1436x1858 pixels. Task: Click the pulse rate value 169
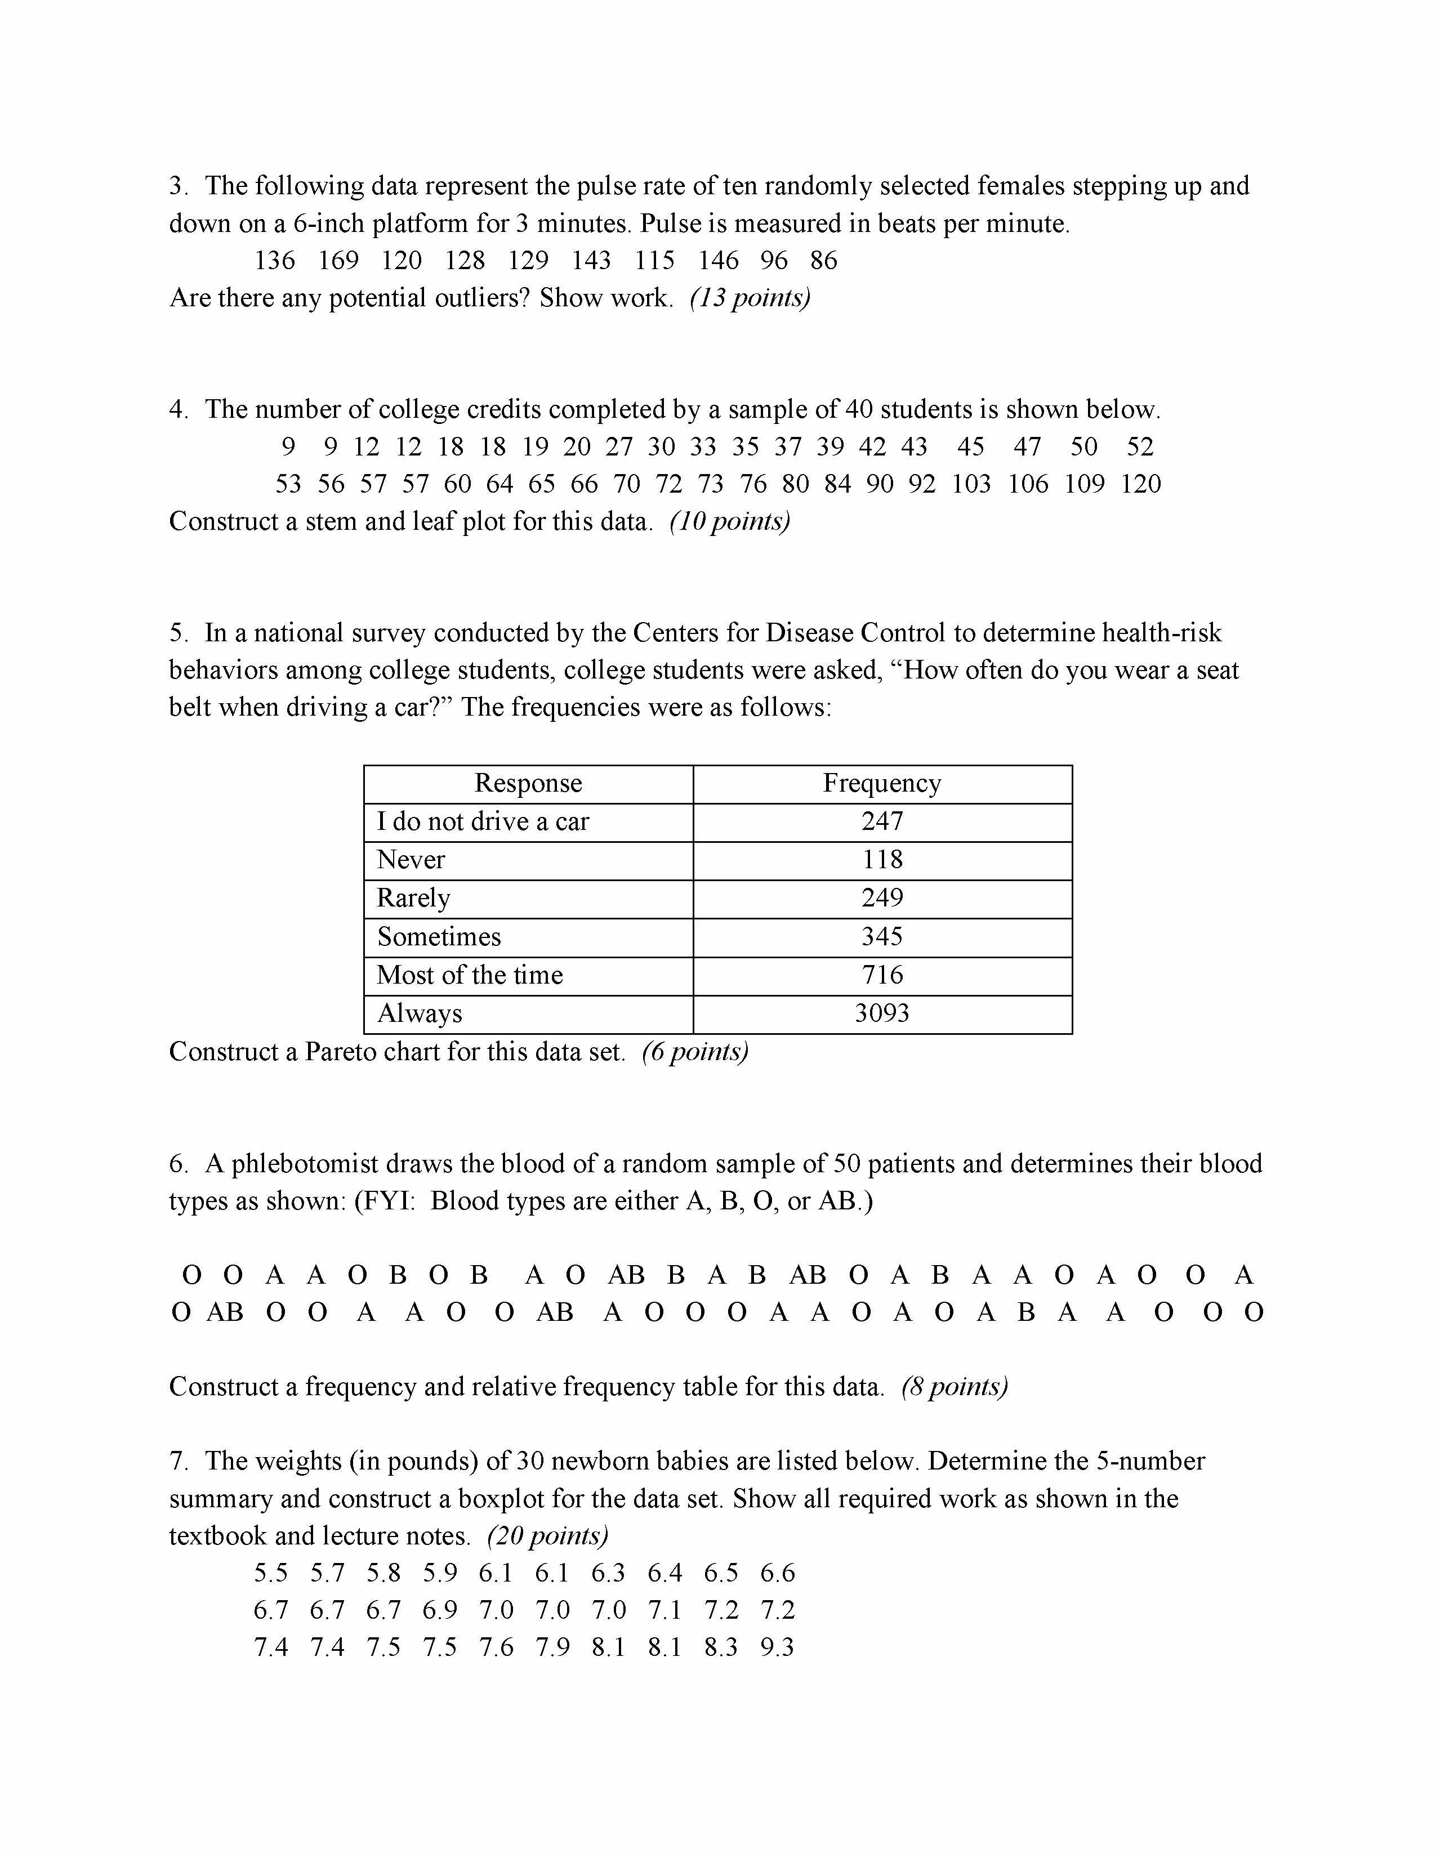[x=338, y=260]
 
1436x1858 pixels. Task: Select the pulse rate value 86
[x=823, y=260]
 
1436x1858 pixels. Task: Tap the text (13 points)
[x=750, y=298]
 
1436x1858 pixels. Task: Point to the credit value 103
[x=971, y=484]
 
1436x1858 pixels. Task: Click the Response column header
[x=528, y=783]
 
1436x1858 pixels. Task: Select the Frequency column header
[x=882, y=783]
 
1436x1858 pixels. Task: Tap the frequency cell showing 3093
[x=882, y=1013]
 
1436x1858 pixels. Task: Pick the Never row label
[x=411, y=859]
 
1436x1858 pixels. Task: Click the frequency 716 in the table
[x=882, y=975]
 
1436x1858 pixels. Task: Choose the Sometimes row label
[x=439, y=937]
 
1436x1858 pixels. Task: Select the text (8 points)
[x=955, y=1387]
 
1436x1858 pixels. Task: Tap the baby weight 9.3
[x=777, y=1648]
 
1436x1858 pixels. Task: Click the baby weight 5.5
[x=270, y=1573]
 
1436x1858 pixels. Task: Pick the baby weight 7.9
[x=552, y=1648]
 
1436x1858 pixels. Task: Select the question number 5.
[x=177, y=633]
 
